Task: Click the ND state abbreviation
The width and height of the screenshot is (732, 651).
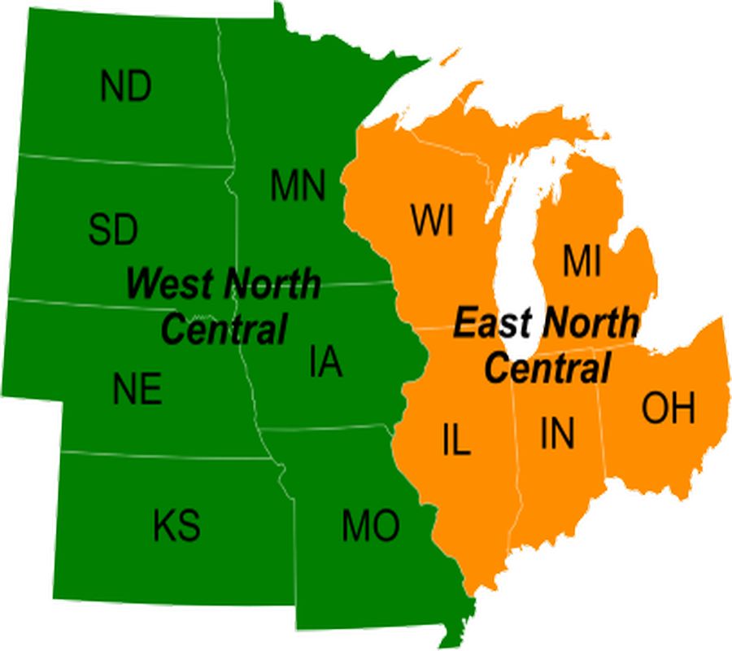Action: coord(126,87)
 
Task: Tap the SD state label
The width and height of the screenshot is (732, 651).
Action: coord(113,229)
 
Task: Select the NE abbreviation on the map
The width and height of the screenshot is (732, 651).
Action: coord(137,390)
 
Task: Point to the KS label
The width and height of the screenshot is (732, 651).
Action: coord(176,525)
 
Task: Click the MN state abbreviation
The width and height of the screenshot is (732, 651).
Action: coord(298,186)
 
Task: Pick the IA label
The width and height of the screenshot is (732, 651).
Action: coord(325,362)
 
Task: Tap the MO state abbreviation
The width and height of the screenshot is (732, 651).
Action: coord(370,526)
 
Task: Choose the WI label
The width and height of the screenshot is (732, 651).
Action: coord(432,221)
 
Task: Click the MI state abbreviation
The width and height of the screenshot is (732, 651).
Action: coord(581,262)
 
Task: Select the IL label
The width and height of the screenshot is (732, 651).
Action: coord(457,440)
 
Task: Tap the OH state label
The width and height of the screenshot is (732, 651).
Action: coord(669,409)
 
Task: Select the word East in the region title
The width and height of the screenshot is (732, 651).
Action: coord(487,323)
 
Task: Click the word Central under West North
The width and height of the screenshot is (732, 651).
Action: coord(224,330)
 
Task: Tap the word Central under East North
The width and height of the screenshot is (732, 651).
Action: coord(547,368)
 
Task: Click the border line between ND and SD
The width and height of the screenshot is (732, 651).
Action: coord(122,160)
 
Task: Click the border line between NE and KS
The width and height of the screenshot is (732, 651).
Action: coord(163,455)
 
